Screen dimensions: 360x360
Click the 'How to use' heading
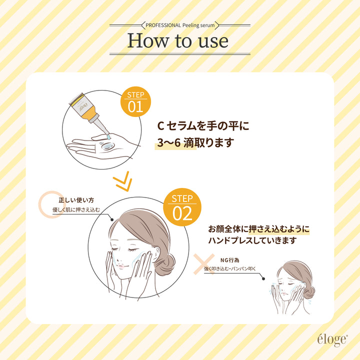point(177,41)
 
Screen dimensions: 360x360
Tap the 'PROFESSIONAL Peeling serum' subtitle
point(180,25)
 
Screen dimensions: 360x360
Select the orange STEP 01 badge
point(135,101)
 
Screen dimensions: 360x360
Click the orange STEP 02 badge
point(182,207)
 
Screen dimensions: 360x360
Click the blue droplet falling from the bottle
point(108,137)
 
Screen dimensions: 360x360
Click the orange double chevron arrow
point(122,181)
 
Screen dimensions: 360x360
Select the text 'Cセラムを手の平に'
point(203,126)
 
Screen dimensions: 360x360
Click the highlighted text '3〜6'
point(169,143)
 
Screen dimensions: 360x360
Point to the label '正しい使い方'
point(76,200)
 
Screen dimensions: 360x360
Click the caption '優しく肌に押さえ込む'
point(76,209)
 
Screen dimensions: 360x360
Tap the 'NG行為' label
point(230,260)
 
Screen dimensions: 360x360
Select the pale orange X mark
point(204,264)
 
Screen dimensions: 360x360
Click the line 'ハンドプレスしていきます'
point(252,240)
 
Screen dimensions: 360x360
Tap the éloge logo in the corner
point(332,340)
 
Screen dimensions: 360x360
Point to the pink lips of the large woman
point(121,266)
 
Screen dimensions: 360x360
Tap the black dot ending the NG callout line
point(263,278)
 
